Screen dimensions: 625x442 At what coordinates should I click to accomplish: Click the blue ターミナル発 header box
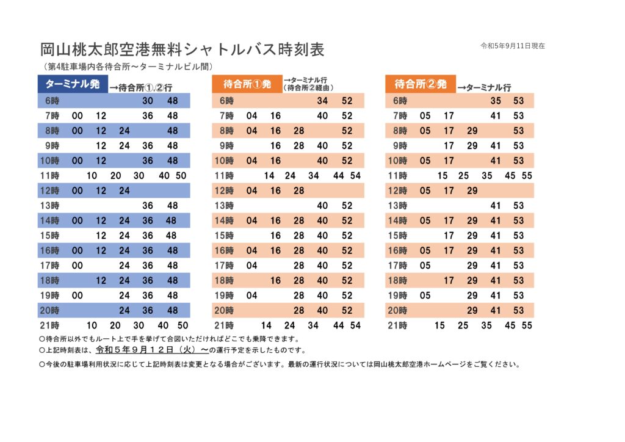click(x=73, y=84)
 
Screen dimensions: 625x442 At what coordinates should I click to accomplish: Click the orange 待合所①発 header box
click(x=247, y=84)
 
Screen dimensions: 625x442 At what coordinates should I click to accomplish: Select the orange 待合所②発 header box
click(x=421, y=84)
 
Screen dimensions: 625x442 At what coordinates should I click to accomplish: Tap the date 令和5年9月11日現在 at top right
click(x=513, y=46)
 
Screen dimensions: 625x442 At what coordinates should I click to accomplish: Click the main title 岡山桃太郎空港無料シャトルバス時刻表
click(x=182, y=49)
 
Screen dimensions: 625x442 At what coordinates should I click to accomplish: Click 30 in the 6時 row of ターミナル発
click(x=148, y=101)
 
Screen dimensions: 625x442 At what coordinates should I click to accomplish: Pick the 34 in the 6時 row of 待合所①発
click(x=322, y=101)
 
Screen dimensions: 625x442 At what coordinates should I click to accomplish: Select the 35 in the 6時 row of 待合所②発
click(x=496, y=101)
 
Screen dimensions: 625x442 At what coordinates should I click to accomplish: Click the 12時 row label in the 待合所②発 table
click(x=397, y=191)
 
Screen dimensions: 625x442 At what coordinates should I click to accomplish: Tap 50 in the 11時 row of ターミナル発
click(x=181, y=176)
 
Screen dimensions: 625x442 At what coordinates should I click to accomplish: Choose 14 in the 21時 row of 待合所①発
click(x=266, y=325)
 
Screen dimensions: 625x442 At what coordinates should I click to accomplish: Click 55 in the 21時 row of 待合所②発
click(x=527, y=325)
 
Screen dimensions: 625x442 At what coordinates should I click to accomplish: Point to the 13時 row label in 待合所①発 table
click(x=224, y=206)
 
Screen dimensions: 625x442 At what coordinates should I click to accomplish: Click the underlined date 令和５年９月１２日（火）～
click(x=152, y=350)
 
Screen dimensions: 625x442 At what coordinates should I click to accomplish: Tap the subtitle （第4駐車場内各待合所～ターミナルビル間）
click(x=128, y=67)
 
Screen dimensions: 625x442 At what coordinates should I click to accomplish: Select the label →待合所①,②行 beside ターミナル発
click(x=141, y=87)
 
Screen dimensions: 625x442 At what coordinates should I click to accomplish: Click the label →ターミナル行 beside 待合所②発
click(x=484, y=87)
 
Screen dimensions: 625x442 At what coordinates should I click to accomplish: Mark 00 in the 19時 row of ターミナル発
click(x=78, y=295)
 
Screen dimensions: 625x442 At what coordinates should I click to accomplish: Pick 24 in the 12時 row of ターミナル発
click(x=125, y=191)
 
